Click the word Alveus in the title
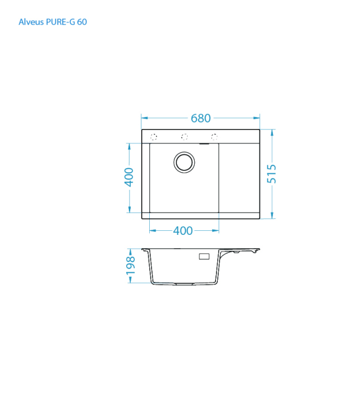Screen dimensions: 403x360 pos(30,22)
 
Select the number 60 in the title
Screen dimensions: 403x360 pos(82,22)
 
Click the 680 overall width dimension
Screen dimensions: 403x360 pos(200,118)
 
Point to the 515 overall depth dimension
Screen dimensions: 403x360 pos(272,174)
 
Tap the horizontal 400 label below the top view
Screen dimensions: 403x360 pos(183,231)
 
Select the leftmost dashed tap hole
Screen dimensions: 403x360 pos(154,137)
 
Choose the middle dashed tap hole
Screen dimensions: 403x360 pos(185,137)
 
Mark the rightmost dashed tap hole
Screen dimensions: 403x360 pos(214,137)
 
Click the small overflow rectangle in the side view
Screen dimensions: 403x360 pos(204,256)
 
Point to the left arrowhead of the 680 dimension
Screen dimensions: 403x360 pos(145,118)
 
